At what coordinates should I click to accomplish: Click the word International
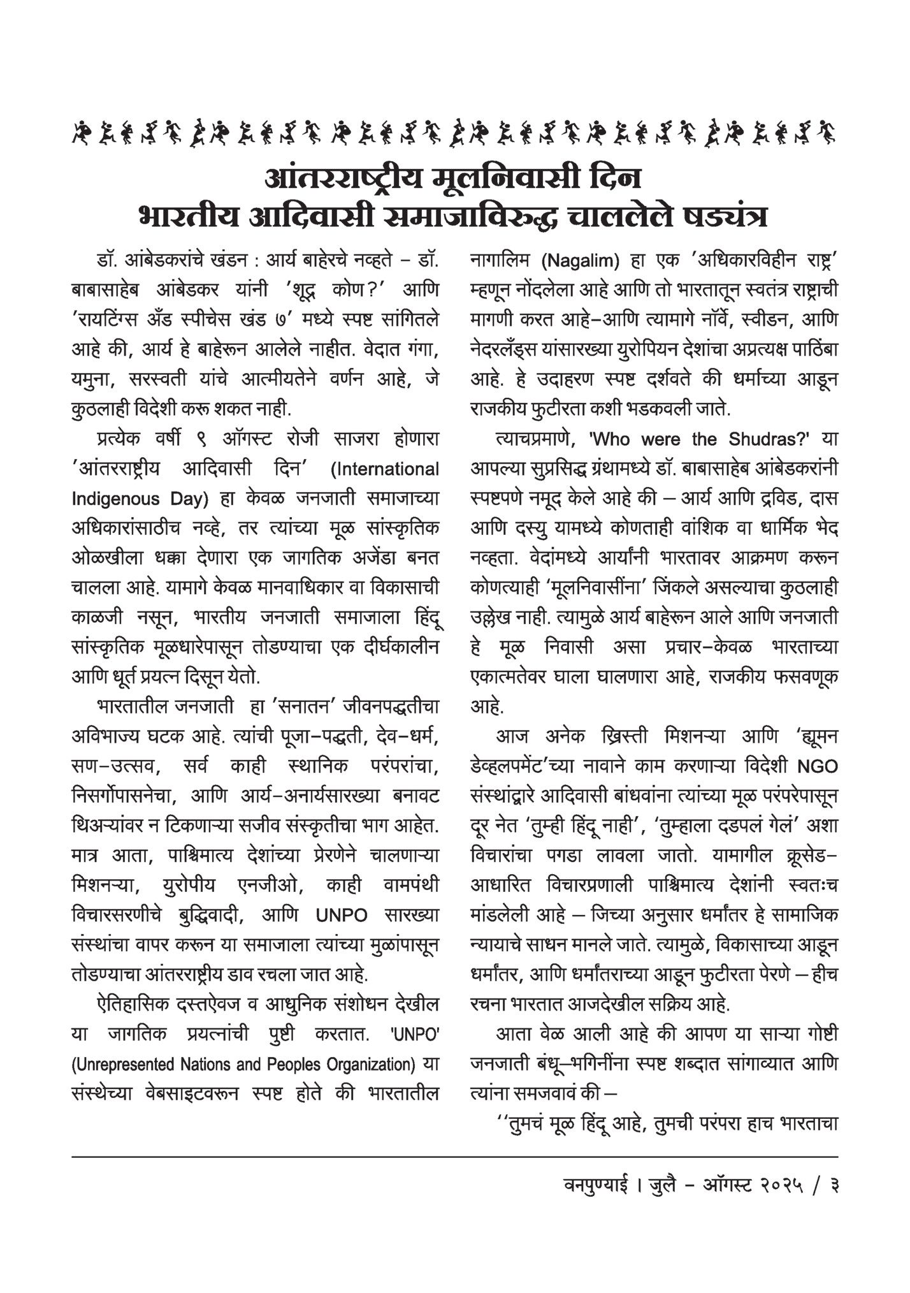click(385, 469)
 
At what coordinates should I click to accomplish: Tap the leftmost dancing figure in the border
click(81, 132)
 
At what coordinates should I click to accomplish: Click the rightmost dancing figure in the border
click(827, 132)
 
